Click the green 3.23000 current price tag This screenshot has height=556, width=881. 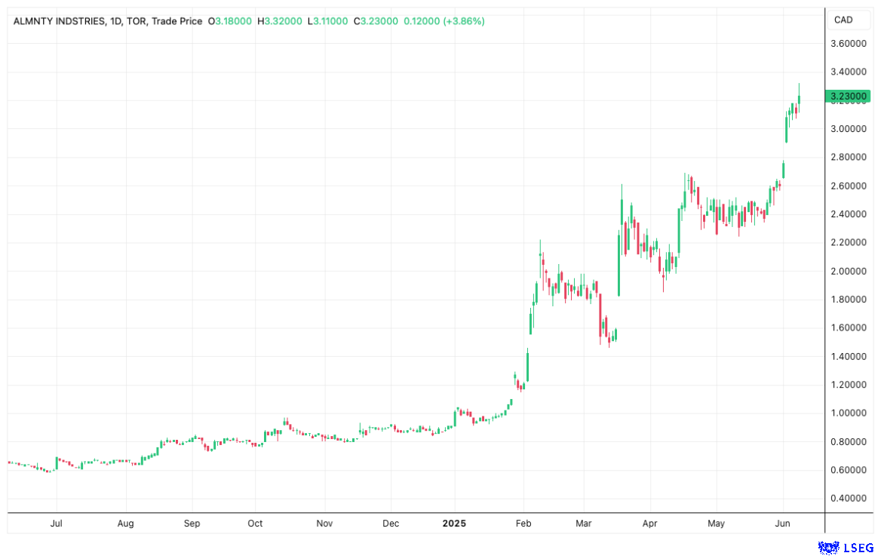848,97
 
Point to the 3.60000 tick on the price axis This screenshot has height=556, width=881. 848,44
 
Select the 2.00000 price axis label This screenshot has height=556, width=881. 848,271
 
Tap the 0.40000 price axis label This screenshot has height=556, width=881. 848,499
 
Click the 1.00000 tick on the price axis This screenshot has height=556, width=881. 848,413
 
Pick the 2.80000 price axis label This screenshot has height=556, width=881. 848,158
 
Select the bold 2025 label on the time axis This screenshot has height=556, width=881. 455,523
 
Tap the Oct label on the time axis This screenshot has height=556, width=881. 255,523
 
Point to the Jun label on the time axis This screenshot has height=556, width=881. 783,523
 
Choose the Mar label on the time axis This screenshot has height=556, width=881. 584,523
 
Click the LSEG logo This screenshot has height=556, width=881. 846,546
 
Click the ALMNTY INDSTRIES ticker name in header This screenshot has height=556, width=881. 60,21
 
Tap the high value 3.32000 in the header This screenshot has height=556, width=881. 284,21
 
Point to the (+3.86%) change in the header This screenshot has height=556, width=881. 460,21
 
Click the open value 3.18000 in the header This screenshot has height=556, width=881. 234,21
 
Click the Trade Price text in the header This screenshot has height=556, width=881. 177,21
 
